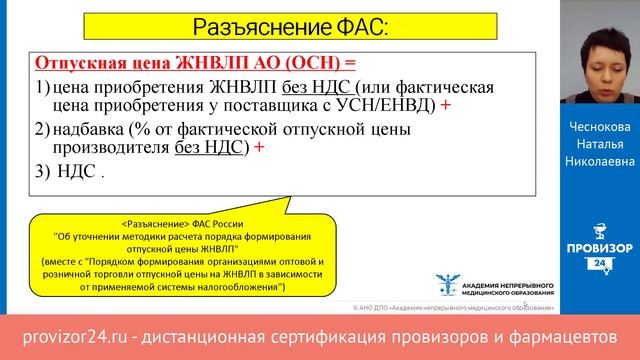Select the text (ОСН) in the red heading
292,62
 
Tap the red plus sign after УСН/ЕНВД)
445,105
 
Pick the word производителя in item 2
110,148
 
